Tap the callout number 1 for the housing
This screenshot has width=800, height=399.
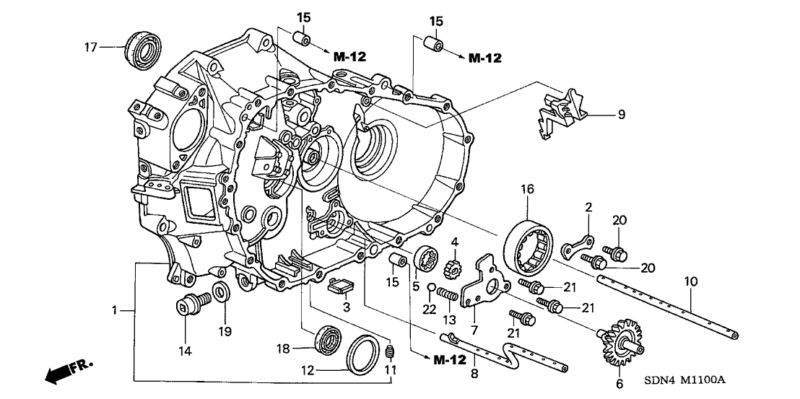pos(114,310)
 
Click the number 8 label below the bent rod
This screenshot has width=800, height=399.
pos(474,374)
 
